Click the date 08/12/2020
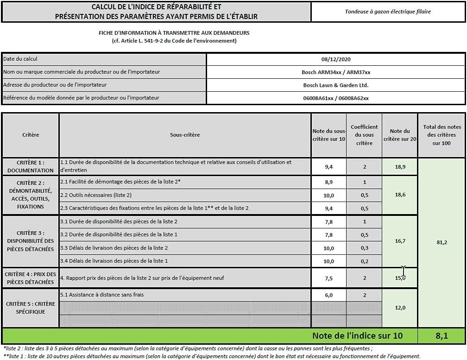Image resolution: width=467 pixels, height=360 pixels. (336, 59)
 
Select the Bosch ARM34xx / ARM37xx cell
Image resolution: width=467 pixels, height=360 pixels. (336, 72)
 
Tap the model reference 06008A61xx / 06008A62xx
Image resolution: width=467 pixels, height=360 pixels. (336, 98)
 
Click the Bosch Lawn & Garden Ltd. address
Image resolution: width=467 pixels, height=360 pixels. (336, 85)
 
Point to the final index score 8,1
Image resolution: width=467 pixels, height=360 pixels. (442, 335)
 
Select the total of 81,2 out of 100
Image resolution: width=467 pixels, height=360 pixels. (442, 242)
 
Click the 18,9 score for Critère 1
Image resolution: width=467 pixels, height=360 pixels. (400, 167)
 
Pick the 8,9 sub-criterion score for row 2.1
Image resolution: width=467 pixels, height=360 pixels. (328, 183)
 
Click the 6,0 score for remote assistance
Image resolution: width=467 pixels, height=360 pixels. (328, 295)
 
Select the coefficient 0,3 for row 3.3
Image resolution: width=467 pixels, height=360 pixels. (365, 248)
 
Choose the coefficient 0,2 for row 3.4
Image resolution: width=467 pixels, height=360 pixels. (365, 261)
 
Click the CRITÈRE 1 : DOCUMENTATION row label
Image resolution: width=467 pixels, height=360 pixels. (31, 167)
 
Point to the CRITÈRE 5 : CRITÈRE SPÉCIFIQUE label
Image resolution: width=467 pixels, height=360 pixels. (31, 308)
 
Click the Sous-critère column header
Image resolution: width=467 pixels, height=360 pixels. (185, 135)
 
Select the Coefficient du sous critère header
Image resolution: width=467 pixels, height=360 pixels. (364, 135)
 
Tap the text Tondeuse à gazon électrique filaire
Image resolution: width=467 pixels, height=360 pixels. (388, 12)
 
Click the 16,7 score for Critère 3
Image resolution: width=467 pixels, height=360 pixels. (400, 241)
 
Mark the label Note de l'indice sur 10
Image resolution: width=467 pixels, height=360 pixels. (357, 335)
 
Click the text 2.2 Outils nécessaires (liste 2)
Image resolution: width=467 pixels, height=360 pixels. (96, 195)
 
